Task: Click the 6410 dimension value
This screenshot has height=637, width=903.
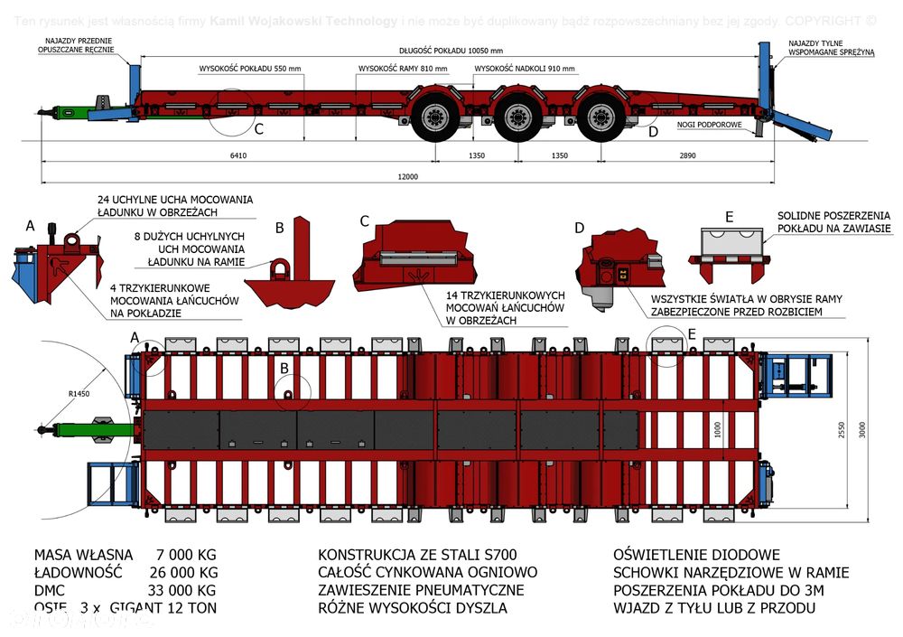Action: [x=237, y=155]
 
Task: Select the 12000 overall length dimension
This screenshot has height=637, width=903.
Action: [x=407, y=176]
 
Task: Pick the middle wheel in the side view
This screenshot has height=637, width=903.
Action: [x=517, y=117]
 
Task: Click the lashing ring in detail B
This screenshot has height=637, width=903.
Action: [x=281, y=268]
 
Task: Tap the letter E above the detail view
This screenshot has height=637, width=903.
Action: [x=729, y=217]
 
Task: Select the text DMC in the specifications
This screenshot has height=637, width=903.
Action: [x=52, y=590]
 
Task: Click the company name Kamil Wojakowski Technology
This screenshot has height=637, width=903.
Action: [x=304, y=21]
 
